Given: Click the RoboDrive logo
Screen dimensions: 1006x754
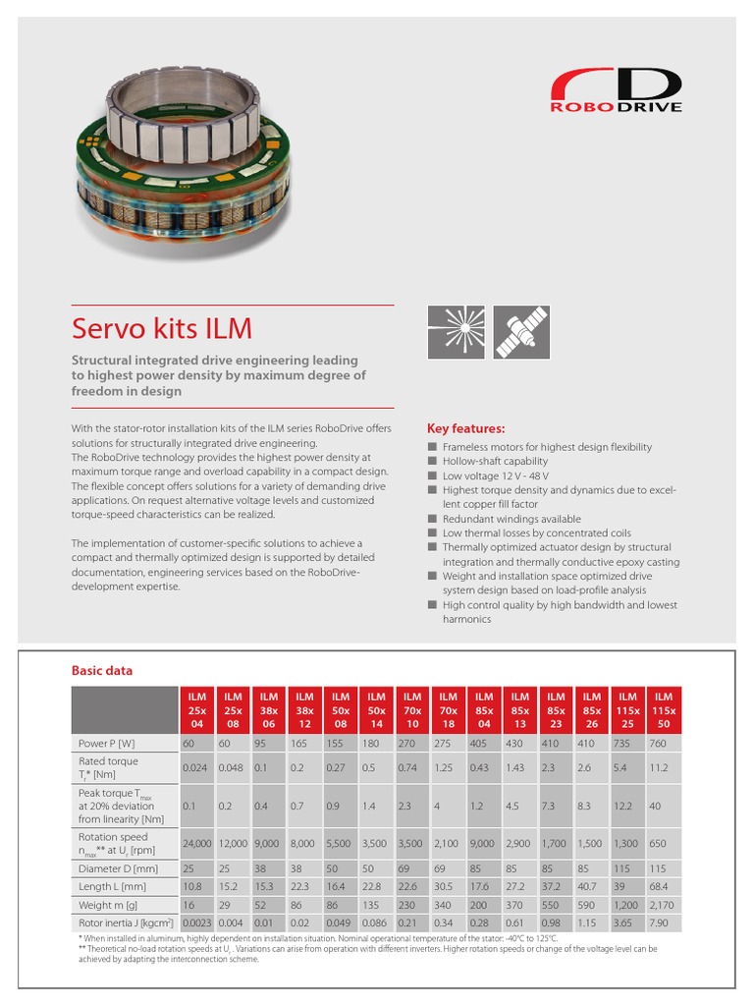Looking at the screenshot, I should tap(615, 91).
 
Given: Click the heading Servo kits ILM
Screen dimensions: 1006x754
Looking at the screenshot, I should tap(162, 328).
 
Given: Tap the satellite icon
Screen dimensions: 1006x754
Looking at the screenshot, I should tap(521, 332).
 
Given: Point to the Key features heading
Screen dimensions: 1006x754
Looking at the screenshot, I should tap(465, 429).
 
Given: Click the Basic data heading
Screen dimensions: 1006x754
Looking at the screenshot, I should tap(101, 671).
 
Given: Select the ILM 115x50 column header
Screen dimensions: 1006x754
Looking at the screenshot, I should tap(664, 710).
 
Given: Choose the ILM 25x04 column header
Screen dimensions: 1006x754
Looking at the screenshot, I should tap(197, 710).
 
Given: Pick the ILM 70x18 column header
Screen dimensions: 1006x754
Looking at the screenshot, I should tap(449, 710).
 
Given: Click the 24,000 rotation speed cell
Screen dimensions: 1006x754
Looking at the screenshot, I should tap(197, 843).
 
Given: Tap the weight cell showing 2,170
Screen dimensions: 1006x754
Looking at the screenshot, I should tap(664, 905).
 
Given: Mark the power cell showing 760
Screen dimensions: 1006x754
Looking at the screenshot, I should tap(664, 744).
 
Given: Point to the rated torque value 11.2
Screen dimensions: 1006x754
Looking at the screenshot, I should tap(664, 767).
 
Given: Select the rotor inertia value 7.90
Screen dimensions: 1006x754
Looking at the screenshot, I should tap(664, 923).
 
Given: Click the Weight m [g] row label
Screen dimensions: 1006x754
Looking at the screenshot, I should tap(108, 905).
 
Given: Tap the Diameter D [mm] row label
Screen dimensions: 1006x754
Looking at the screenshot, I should tap(118, 868).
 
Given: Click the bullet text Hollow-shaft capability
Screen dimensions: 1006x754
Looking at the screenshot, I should tap(495, 461).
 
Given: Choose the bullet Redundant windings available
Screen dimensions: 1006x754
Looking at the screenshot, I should tap(511, 519).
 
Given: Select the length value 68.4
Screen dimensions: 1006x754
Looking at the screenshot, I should tap(664, 887).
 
